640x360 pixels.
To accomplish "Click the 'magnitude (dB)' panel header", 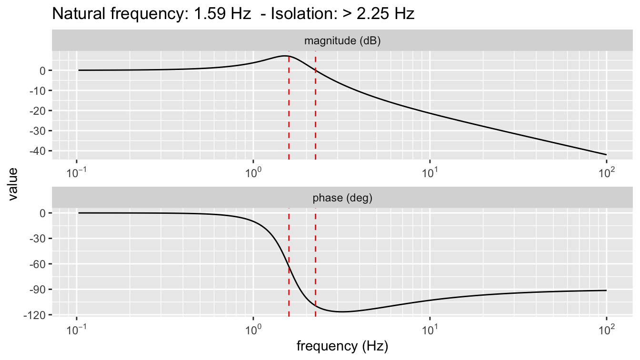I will [x=342, y=41].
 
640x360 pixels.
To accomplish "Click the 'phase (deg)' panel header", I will [x=342, y=198].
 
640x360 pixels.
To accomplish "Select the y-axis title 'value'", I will [x=14, y=185].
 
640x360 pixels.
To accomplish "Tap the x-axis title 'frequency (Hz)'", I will [x=342, y=346].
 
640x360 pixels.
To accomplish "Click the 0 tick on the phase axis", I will [x=42, y=213].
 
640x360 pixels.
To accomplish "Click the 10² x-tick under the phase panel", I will [x=606, y=329].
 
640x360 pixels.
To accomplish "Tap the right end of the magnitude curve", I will [x=606, y=154].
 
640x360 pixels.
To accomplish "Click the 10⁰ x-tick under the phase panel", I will [x=253, y=329].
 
